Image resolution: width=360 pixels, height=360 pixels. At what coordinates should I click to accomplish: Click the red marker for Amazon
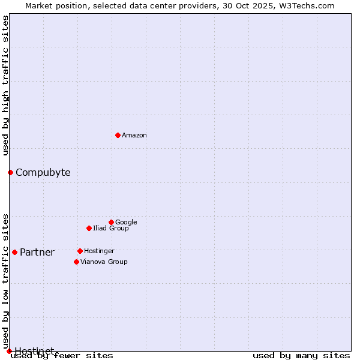pyautogui.click(x=118, y=135)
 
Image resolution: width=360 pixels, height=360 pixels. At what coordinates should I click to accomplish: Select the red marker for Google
pyautogui.click(x=111, y=222)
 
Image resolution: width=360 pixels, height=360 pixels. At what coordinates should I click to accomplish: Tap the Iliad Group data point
pyautogui.click(x=89, y=228)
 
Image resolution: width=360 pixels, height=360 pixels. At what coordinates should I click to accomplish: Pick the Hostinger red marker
pyautogui.click(x=80, y=251)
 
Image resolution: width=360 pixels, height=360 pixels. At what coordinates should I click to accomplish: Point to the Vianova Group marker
pyautogui.click(x=76, y=262)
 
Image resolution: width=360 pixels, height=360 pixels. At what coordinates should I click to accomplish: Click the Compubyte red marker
pyautogui.click(x=10, y=173)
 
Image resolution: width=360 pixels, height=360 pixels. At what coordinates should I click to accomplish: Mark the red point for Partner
pyautogui.click(x=14, y=252)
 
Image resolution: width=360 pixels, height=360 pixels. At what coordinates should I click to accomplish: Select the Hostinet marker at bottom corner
pyautogui.click(x=9, y=351)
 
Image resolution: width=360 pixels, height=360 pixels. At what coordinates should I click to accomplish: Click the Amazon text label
pyautogui.click(x=134, y=135)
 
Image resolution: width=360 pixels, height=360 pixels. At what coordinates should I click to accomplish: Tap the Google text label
pyautogui.click(x=126, y=222)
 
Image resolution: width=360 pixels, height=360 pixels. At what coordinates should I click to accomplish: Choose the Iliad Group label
pyautogui.click(x=111, y=228)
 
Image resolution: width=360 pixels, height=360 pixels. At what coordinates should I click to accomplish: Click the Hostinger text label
pyautogui.click(x=99, y=251)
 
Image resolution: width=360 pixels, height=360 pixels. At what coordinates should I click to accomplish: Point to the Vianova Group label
pyautogui.click(x=104, y=262)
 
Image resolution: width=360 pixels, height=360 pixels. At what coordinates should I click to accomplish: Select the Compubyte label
pyautogui.click(x=43, y=173)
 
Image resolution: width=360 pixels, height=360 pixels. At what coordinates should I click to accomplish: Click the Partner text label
pyautogui.click(x=37, y=252)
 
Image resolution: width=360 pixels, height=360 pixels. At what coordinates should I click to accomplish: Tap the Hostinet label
pyautogui.click(x=34, y=351)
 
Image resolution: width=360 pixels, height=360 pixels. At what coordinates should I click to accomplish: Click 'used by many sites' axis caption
pyautogui.click(x=301, y=355)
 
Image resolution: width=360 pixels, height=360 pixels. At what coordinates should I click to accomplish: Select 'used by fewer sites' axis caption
pyautogui.click(x=62, y=355)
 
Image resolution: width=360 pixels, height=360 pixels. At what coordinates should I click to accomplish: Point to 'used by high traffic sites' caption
pyautogui.click(x=6, y=85)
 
